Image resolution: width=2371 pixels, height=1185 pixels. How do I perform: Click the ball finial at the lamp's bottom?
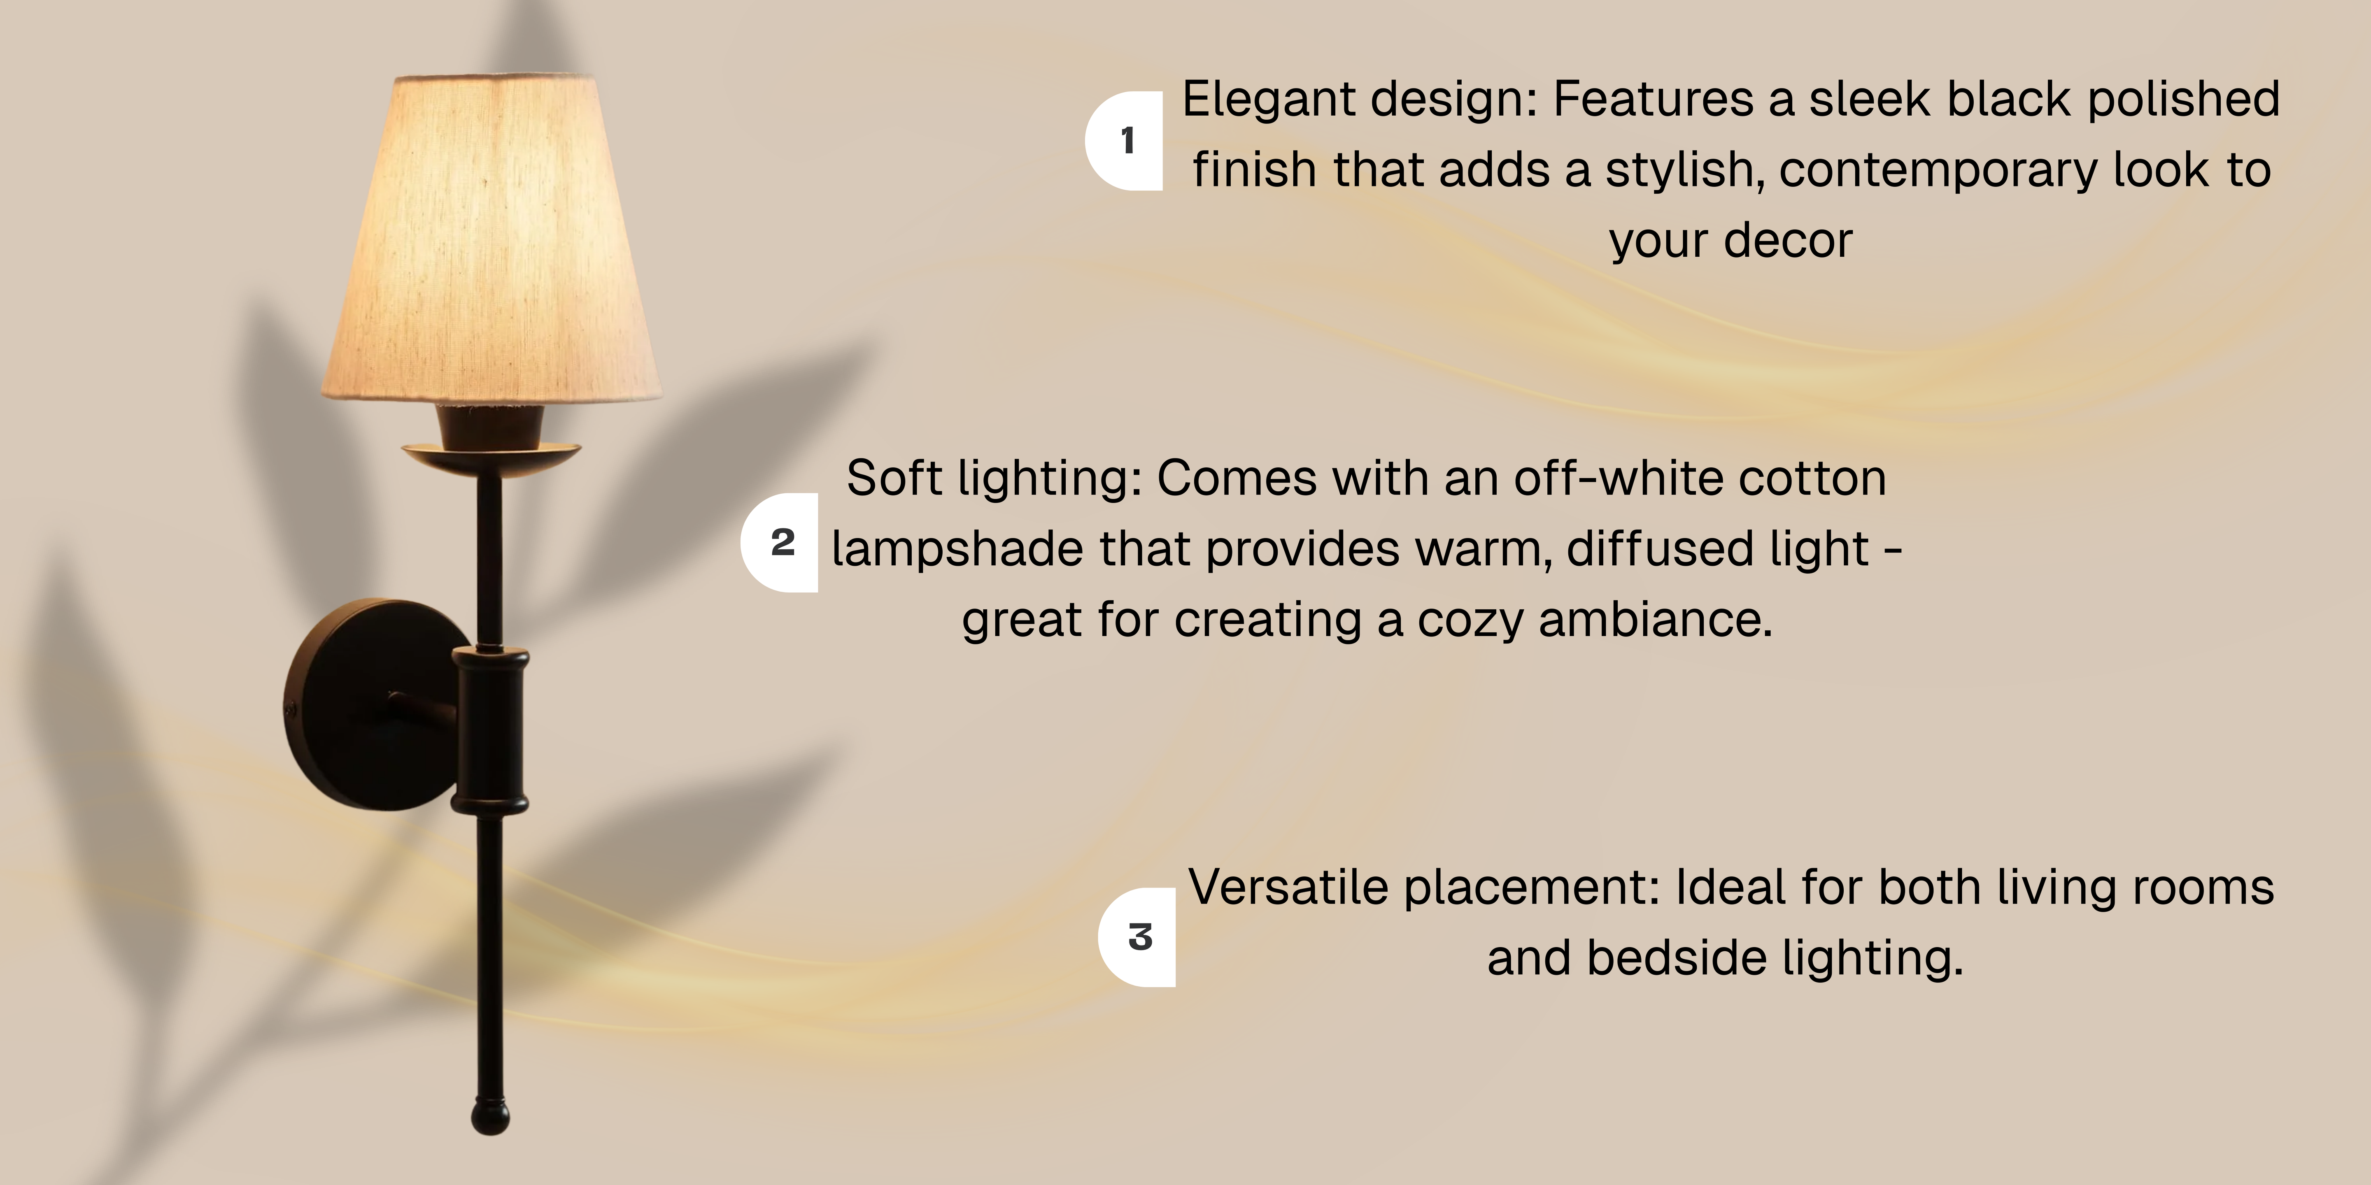coord(491,1116)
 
